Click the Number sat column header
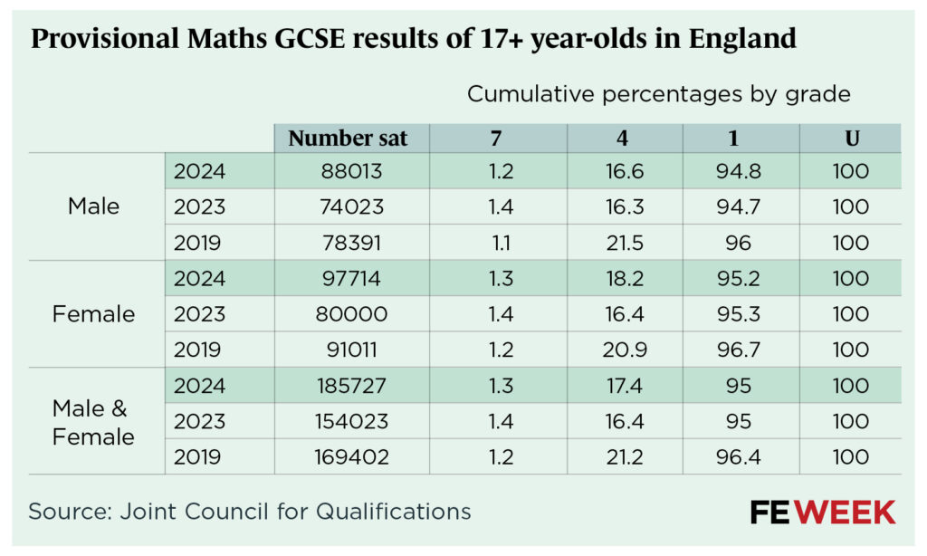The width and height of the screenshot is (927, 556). click(348, 139)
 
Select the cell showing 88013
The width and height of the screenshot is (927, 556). click(353, 171)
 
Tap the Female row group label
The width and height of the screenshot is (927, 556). click(93, 314)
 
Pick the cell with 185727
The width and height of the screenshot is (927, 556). click(353, 386)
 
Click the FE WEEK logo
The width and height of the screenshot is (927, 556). click(822, 513)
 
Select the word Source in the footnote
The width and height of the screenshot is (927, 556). click(66, 512)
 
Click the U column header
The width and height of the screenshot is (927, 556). click(850, 139)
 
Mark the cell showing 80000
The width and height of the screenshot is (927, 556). click(353, 314)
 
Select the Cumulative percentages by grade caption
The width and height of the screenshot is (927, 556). click(658, 93)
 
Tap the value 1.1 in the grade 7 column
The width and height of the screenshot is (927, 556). click(500, 243)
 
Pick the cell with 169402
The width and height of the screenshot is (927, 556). click(353, 457)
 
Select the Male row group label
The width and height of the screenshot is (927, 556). click(93, 206)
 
